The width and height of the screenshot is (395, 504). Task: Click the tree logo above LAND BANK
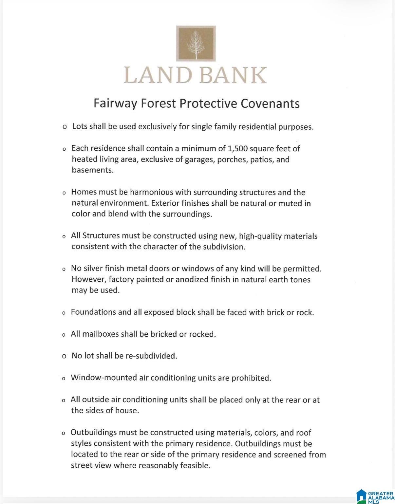tap(196, 43)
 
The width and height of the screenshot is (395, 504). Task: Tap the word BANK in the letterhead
tap(233, 75)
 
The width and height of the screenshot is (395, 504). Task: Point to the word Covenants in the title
tap(270, 103)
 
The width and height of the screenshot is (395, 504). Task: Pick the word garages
tap(200, 159)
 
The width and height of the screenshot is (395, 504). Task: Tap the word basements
tap(92, 170)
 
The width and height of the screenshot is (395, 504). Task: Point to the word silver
tap(93, 269)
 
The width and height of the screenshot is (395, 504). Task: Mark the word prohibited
tap(251, 378)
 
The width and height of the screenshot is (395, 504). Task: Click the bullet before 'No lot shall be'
tap(64, 356)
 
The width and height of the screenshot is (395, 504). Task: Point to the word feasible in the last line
tap(195, 465)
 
